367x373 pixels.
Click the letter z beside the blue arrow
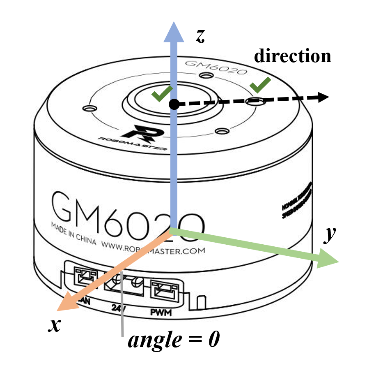tap(200, 36)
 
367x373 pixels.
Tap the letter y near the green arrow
tap(330, 235)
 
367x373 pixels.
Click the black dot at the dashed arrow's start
tap(174, 104)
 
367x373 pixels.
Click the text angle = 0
tap(174, 341)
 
